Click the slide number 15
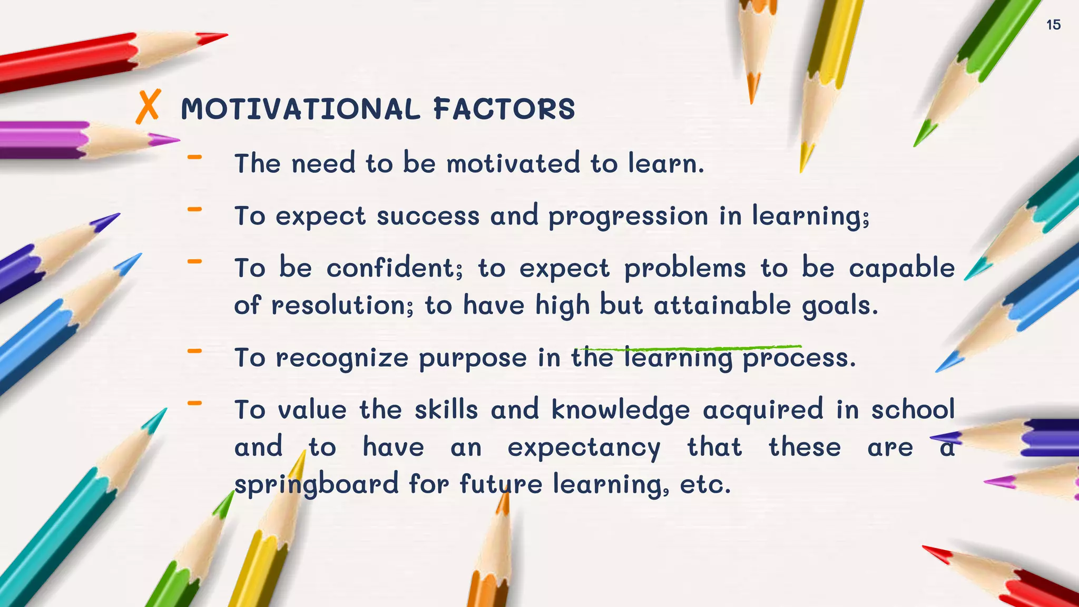click(x=1053, y=25)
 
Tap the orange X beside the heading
click(x=148, y=107)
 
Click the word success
click(x=428, y=216)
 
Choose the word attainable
click(x=722, y=306)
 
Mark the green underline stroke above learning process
click(x=690, y=348)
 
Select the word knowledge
click(x=621, y=410)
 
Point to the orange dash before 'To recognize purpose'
click(x=194, y=350)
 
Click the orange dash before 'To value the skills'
click(x=194, y=404)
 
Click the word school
click(x=913, y=410)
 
